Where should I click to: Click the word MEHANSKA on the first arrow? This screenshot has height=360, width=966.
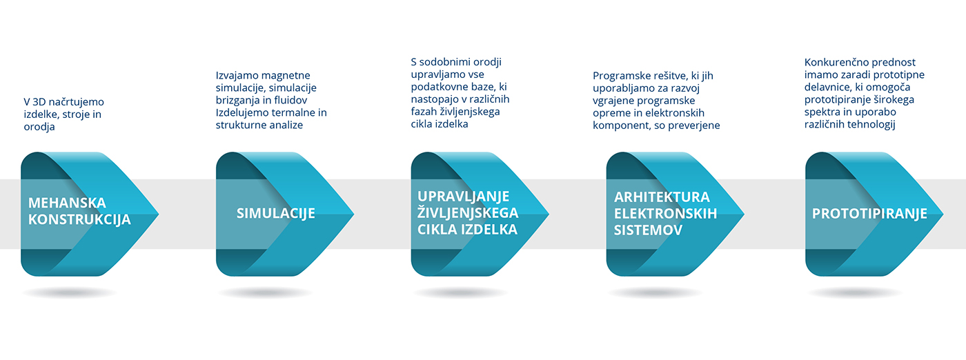tap(67, 203)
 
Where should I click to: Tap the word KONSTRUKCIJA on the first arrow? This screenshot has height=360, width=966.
tap(79, 219)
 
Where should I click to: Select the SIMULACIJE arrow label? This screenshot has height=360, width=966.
tap(275, 213)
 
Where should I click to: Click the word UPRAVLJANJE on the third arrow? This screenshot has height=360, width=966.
tap(463, 197)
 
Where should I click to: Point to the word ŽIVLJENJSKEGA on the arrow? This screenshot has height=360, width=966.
tap(468, 212)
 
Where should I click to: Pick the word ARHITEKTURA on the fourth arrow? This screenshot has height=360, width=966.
tap(662, 197)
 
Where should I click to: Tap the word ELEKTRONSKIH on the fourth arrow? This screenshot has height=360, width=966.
tap(665, 213)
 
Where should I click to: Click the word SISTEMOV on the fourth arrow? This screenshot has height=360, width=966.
tap(648, 230)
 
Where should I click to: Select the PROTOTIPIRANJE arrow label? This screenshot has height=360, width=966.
tap(869, 214)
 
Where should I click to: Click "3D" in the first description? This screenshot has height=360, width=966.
tap(39, 102)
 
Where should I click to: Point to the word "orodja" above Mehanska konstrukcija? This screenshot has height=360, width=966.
tap(39, 127)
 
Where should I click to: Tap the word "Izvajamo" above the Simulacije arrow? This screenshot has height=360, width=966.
tap(235, 75)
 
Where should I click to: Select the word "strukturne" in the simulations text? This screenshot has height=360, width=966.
tap(239, 125)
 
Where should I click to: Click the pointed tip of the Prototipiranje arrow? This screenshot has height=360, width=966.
tap(943, 214)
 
